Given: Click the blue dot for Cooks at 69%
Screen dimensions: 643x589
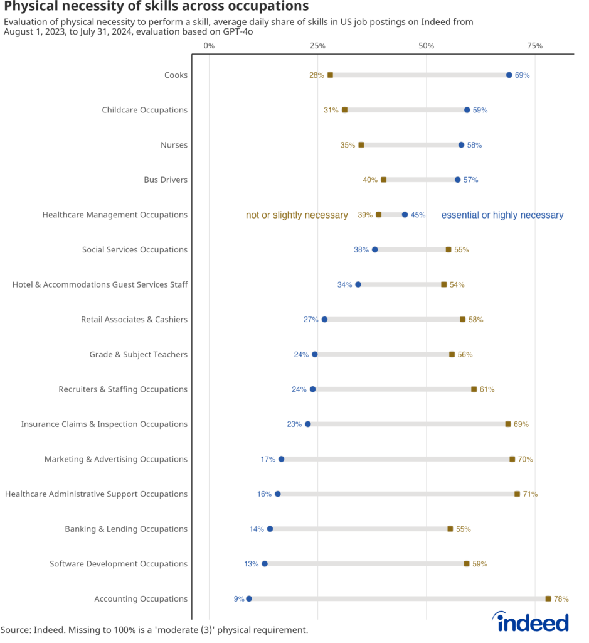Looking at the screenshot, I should [x=509, y=75].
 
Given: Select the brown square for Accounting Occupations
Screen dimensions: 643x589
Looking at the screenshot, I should [x=548, y=598].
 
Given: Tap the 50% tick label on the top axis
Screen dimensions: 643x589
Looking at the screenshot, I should [x=426, y=46].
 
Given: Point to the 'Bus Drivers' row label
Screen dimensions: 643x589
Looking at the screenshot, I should [x=166, y=180].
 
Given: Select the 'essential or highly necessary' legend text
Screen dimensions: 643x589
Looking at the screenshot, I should [x=502, y=215].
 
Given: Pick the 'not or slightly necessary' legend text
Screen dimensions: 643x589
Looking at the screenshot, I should [x=297, y=215].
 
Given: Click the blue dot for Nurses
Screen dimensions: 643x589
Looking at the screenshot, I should [x=461, y=145].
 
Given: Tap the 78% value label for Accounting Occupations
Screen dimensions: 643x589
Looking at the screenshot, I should [x=561, y=599].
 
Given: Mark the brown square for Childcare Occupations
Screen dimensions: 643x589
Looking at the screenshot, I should [x=344, y=110].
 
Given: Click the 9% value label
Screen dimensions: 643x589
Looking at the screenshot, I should [x=239, y=599].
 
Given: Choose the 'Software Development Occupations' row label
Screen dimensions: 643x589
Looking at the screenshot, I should [x=119, y=564].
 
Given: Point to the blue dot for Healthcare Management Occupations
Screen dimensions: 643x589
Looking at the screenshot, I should [x=405, y=215].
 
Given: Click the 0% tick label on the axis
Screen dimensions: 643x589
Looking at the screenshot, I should [x=209, y=46].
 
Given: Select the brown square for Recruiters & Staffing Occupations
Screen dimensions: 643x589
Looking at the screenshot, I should [x=474, y=389].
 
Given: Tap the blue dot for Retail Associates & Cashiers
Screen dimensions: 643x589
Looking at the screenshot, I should [x=324, y=320].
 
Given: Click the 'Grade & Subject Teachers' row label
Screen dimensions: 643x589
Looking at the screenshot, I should [x=138, y=355].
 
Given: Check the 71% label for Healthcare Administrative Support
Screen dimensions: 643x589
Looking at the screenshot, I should [x=530, y=494].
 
